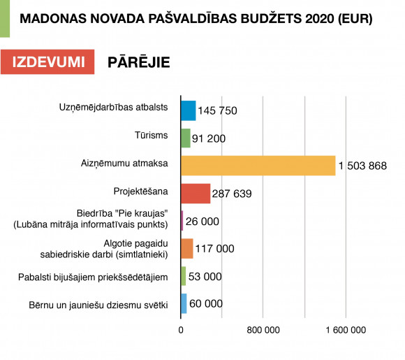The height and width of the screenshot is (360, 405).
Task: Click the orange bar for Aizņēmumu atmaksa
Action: pyautogui.click(x=258, y=166)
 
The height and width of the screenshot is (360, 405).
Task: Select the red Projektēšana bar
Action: pyautogui.click(x=196, y=194)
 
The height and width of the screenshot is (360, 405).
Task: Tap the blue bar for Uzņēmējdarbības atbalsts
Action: pyautogui.click(x=189, y=110)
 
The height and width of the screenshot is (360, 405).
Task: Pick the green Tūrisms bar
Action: pyautogui.click(x=186, y=138)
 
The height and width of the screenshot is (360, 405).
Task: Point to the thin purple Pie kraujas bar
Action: pyautogui.click(x=182, y=221)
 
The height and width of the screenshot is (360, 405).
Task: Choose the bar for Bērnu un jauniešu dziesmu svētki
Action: pyautogui.click(x=184, y=303)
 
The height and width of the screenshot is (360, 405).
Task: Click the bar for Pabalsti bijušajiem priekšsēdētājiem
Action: pyautogui.click(x=184, y=276)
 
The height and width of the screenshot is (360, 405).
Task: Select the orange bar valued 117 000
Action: pyautogui.click(x=187, y=249)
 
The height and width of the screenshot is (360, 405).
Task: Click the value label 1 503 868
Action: pyautogui.click(x=362, y=166)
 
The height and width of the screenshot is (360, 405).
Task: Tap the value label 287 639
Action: pyautogui.click(x=232, y=194)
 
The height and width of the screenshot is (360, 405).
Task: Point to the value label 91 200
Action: pyautogui.click(x=209, y=138)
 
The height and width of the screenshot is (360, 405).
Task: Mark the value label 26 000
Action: pyautogui.click(x=202, y=222)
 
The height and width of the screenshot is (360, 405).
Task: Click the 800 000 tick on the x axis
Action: pyautogui.click(x=263, y=330)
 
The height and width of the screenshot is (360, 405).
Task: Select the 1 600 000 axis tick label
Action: pyautogui.click(x=346, y=330)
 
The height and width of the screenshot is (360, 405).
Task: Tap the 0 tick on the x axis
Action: pyautogui.click(x=181, y=330)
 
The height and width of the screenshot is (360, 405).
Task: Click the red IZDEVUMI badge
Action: pyautogui.click(x=47, y=62)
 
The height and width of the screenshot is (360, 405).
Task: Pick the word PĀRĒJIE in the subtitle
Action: pyautogui.click(x=139, y=62)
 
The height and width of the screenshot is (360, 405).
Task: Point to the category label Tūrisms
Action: pyautogui.click(x=151, y=135)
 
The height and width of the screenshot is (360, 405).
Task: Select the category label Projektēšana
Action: pyautogui.click(x=141, y=192)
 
